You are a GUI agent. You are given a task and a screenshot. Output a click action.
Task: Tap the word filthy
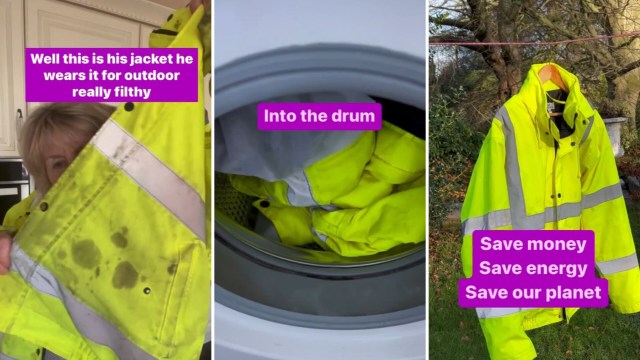click(131, 92)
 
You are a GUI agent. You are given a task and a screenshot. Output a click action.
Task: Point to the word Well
click(44, 59)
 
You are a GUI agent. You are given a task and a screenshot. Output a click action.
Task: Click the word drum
click(353, 116)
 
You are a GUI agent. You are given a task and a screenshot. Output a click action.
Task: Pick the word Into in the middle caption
click(279, 116)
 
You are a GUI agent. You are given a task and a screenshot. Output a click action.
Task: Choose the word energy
click(558, 268)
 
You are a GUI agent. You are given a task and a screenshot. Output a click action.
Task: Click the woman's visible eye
click(58, 164)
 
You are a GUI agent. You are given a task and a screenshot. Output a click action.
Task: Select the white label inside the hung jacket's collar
click(550, 107)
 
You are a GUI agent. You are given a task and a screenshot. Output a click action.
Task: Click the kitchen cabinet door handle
click(19, 121)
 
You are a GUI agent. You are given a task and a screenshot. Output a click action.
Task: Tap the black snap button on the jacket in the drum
click(264, 204)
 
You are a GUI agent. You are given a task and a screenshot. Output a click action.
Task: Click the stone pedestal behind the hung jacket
click(613, 135)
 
